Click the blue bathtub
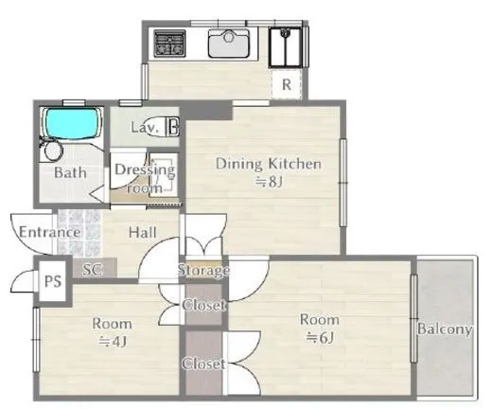point(72,123)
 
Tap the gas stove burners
point(169,43)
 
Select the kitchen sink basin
point(229,44)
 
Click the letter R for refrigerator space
point(287,84)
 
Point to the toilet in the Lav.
point(163,127)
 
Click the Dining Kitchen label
point(269,164)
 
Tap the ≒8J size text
point(269,182)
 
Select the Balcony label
point(445,329)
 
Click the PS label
point(53,281)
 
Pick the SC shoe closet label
point(92,269)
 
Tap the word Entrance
point(50,232)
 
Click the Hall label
point(143,233)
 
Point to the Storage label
point(203,271)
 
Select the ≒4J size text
point(113,341)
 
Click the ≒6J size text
point(320,338)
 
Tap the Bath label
point(70,172)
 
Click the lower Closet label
point(203,364)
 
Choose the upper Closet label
point(203,305)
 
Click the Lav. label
point(144,128)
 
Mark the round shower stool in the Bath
point(53,151)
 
